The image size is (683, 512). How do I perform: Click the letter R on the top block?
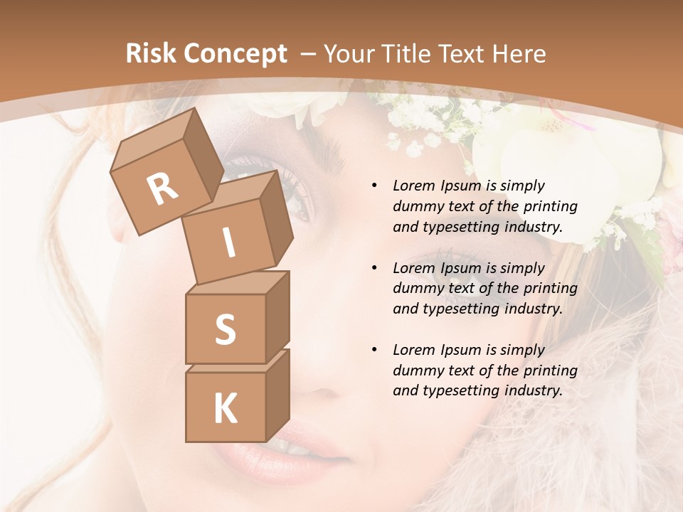(162, 190)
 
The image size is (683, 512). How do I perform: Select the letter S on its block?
(225, 329)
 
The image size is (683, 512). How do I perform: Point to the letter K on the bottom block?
(225, 409)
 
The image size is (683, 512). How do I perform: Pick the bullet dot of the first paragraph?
(374, 186)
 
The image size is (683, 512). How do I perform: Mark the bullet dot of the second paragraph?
(374, 268)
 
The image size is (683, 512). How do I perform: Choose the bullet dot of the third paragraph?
(374, 350)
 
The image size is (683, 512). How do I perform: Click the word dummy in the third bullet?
(415, 370)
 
